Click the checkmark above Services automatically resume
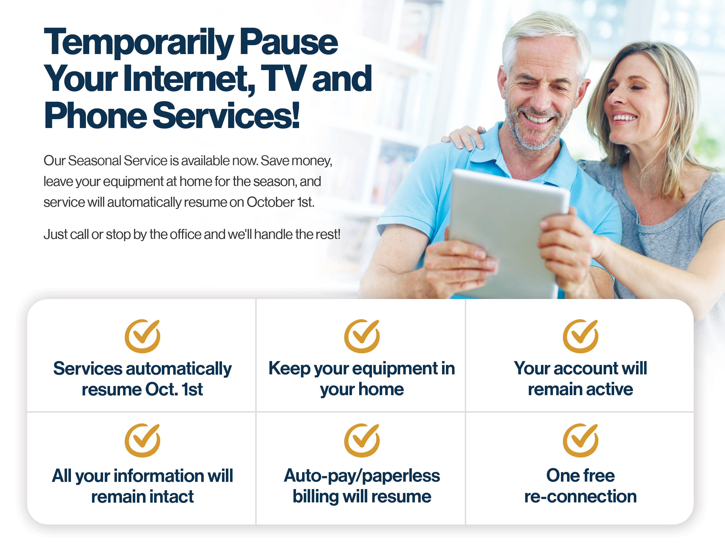[x=142, y=336]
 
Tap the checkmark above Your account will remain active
[x=580, y=336]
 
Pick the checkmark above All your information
[x=142, y=440]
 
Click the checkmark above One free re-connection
[x=580, y=440]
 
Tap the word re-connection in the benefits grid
[x=580, y=497]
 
